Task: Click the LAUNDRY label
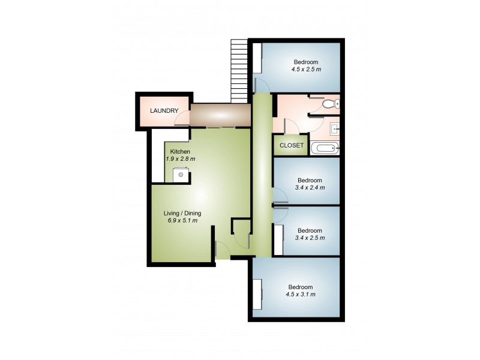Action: coord(164,111)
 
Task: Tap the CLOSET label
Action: coord(292,146)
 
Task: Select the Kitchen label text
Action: coord(180,151)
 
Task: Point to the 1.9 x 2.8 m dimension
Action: coord(181,159)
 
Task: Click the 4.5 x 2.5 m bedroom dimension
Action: coord(306,70)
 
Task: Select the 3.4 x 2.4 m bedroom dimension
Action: coord(310,188)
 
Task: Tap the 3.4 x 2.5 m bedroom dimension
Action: coord(310,238)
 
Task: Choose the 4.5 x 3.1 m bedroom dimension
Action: coord(301,295)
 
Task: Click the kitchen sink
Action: coord(179,175)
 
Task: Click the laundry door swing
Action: coord(180,121)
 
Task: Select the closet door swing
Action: coord(289,127)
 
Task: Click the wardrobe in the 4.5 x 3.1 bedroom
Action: coord(257,293)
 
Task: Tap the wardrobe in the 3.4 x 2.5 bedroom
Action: coord(278,240)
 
